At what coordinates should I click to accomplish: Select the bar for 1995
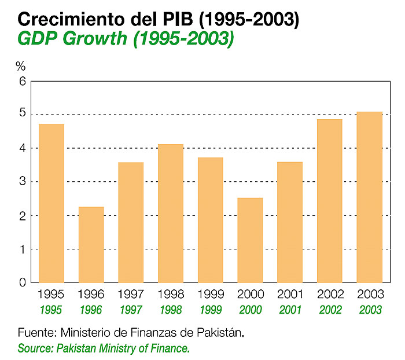tap(51, 203)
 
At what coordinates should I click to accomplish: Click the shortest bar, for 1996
tap(91, 245)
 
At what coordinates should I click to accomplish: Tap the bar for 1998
tap(171, 213)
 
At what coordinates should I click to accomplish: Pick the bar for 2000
tap(250, 240)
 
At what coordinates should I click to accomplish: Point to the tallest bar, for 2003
tap(369, 197)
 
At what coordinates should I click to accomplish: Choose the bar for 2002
tap(329, 201)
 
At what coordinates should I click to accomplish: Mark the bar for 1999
tap(210, 220)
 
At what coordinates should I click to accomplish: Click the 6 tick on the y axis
tap(22, 81)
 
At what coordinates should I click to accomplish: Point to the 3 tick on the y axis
tap(22, 182)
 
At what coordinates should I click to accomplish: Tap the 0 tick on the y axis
tap(22, 283)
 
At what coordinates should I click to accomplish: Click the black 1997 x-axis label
tap(130, 294)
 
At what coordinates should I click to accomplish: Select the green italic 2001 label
tap(289, 310)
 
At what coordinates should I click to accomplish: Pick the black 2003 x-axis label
tap(369, 294)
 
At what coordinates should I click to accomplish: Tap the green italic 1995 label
tap(51, 310)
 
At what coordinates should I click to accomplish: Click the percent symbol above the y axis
tap(21, 65)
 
